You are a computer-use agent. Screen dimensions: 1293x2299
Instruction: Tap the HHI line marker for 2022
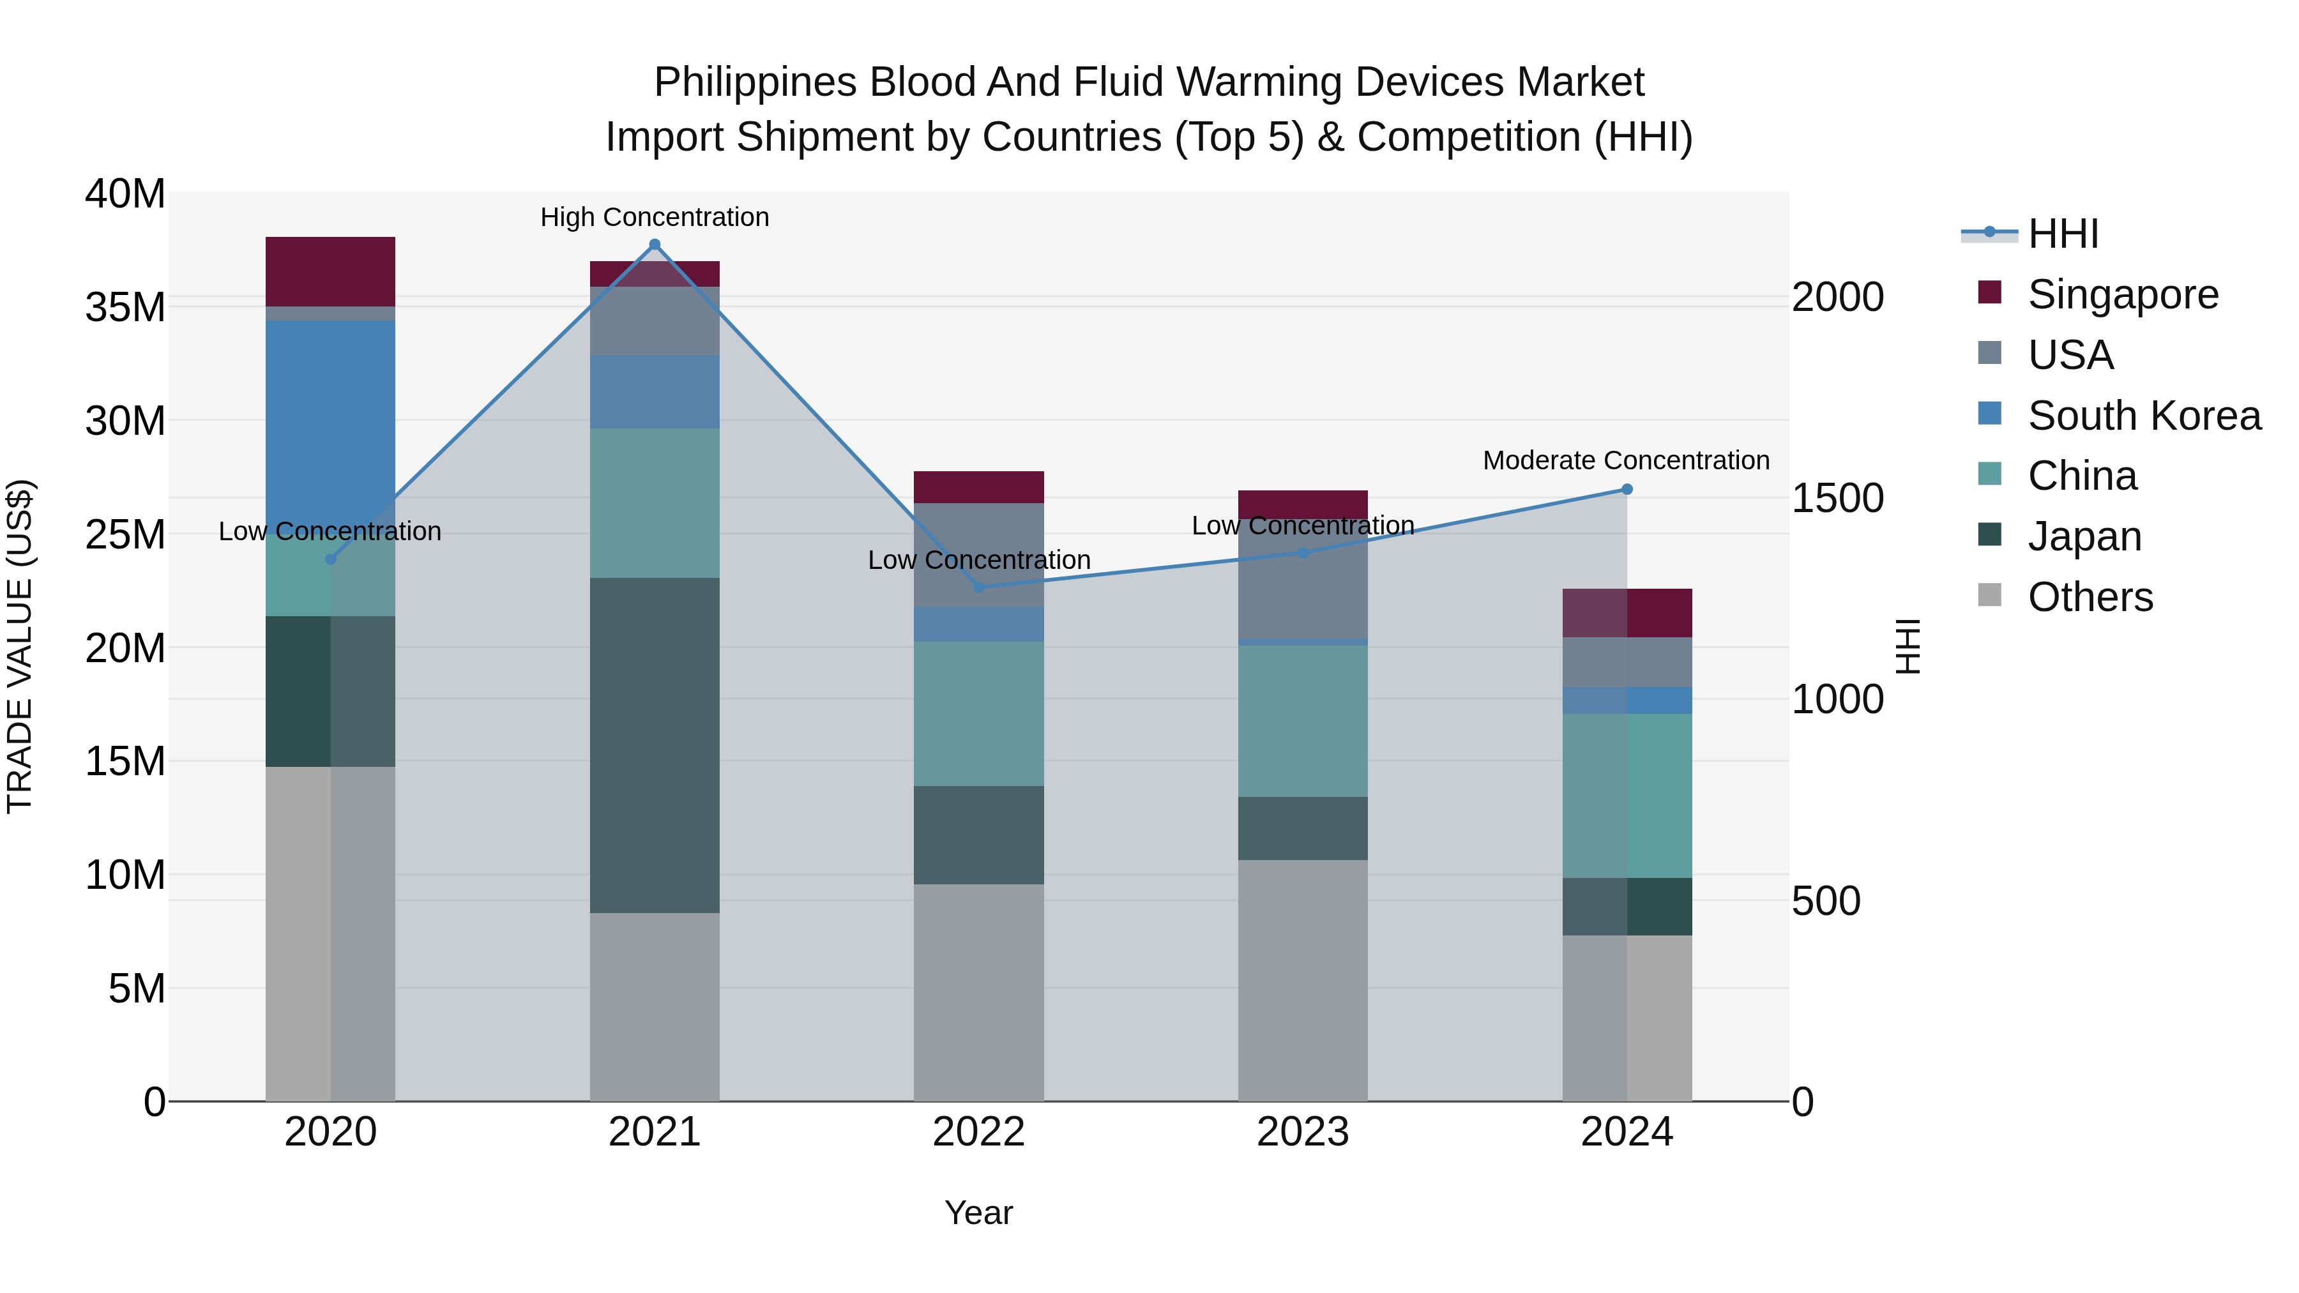coord(978,587)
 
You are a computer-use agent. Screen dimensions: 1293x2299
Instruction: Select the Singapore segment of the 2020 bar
coord(330,271)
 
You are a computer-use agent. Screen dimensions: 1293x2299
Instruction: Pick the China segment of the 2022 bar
coord(978,713)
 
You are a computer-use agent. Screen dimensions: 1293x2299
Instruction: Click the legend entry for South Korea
coord(2143,416)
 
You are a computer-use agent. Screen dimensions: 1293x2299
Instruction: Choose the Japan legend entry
coord(2084,536)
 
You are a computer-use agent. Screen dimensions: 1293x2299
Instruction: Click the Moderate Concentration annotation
coord(1625,460)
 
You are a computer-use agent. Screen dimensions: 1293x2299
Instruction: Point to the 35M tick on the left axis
coord(125,307)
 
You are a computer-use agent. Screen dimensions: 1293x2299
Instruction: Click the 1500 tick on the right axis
coord(1837,498)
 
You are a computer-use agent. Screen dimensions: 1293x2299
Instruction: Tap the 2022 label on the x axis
coord(978,1132)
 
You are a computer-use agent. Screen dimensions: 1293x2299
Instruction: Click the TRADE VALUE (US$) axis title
coord(20,646)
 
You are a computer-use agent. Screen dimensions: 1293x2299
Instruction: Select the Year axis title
coord(978,1213)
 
